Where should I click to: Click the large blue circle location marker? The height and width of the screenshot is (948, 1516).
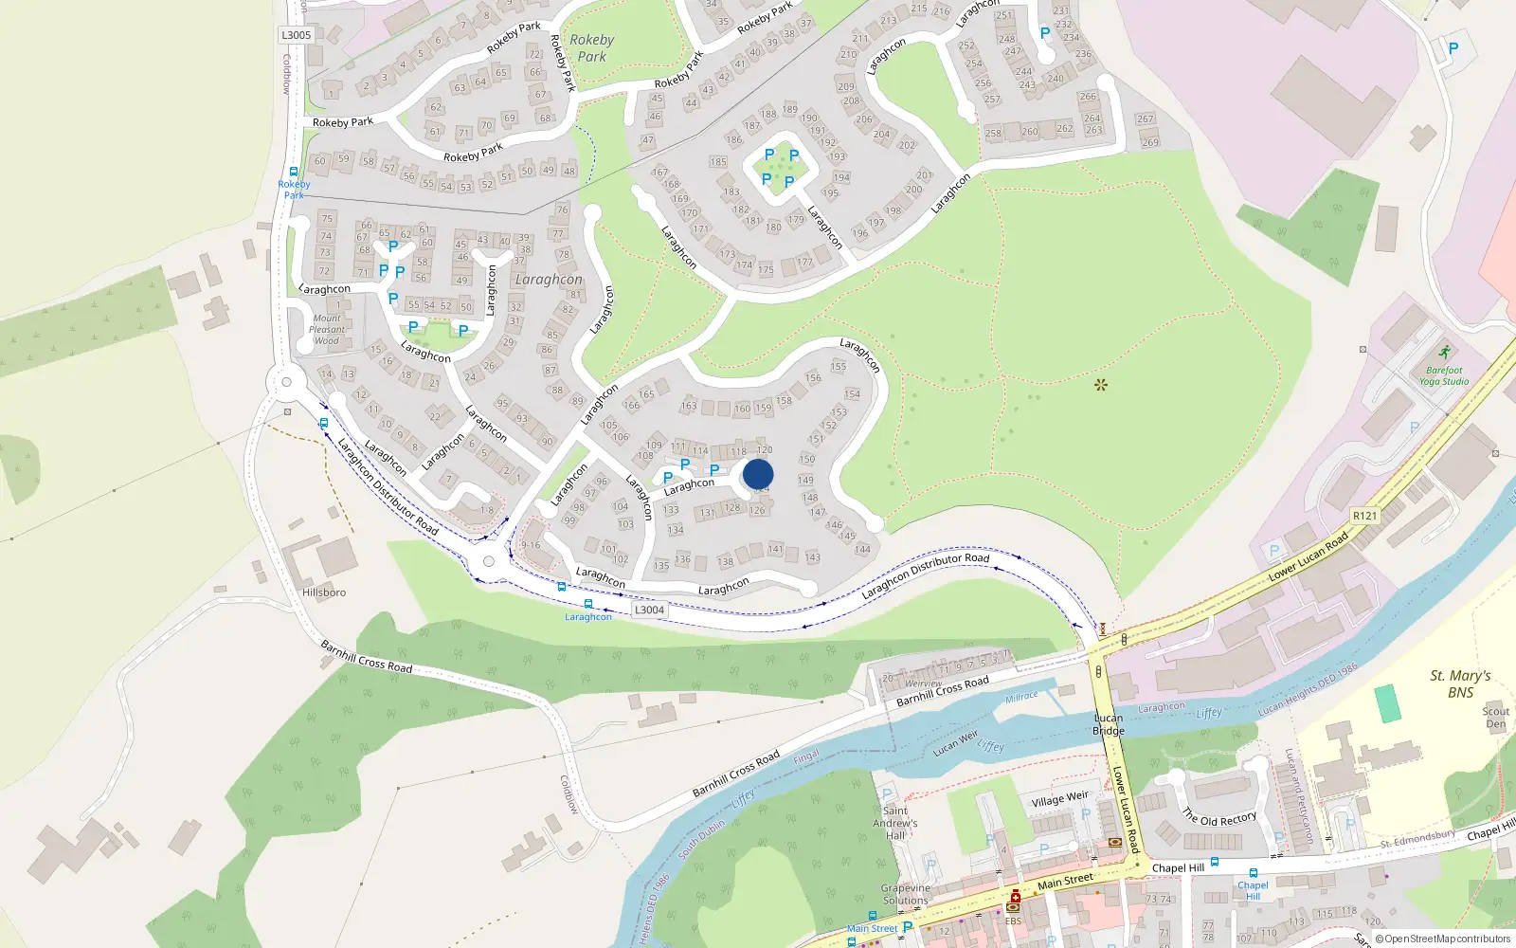tap(758, 474)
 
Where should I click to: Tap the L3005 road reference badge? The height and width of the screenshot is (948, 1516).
tap(296, 35)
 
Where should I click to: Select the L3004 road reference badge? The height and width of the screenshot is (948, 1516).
tap(649, 610)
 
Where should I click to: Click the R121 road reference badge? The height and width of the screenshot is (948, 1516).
tap(1364, 516)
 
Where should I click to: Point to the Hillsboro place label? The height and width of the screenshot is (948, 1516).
tap(324, 592)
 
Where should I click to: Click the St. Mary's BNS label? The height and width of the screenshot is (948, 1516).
tap(1460, 684)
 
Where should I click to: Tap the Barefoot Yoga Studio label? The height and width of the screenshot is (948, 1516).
tap(1444, 376)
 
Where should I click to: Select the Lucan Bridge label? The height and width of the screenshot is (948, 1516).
tap(1108, 724)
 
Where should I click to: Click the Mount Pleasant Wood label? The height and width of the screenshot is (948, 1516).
tap(327, 330)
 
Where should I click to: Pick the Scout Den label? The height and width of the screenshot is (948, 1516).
tap(1495, 718)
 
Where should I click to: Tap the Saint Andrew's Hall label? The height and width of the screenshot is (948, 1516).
tap(895, 823)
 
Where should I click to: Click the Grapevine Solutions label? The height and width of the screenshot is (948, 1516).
tap(906, 894)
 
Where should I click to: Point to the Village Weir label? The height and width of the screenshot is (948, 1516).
tap(1059, 799)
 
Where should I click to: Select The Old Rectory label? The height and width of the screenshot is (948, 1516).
tap(1219, 818)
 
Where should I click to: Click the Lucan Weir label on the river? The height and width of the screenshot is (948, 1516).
tap(955, 743)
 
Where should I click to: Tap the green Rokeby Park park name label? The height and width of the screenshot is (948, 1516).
tap(592, 47)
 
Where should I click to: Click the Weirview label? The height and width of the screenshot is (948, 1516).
tap(924, 684)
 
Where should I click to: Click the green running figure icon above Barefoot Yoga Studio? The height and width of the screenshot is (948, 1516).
tap(1444, 353)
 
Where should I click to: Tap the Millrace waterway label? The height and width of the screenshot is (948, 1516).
tap(1021, 697)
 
